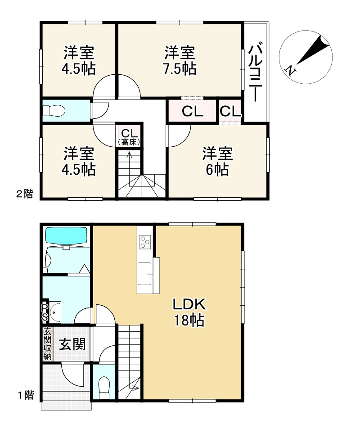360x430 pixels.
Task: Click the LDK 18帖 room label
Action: click(x=189, y=312)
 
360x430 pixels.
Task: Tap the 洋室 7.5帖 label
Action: click(x=180, y=61)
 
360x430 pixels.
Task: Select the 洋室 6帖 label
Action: click(x=217, y=161)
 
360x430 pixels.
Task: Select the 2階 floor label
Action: click(x=25, y=194)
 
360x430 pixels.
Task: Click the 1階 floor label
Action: click(x=26, y=395)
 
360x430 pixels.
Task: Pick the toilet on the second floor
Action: click(x=54, y=111)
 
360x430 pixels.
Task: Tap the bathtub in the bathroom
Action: click(x=66, y=235)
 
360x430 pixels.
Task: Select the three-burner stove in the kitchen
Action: click(x=144, y=242)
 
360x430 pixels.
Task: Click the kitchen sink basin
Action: click(x=144, y=274)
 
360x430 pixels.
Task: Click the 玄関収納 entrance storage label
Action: click(x=47, y=344)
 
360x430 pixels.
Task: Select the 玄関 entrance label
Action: click(x=72, y=344)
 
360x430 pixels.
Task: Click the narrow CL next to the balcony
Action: click(x=230, y=111)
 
